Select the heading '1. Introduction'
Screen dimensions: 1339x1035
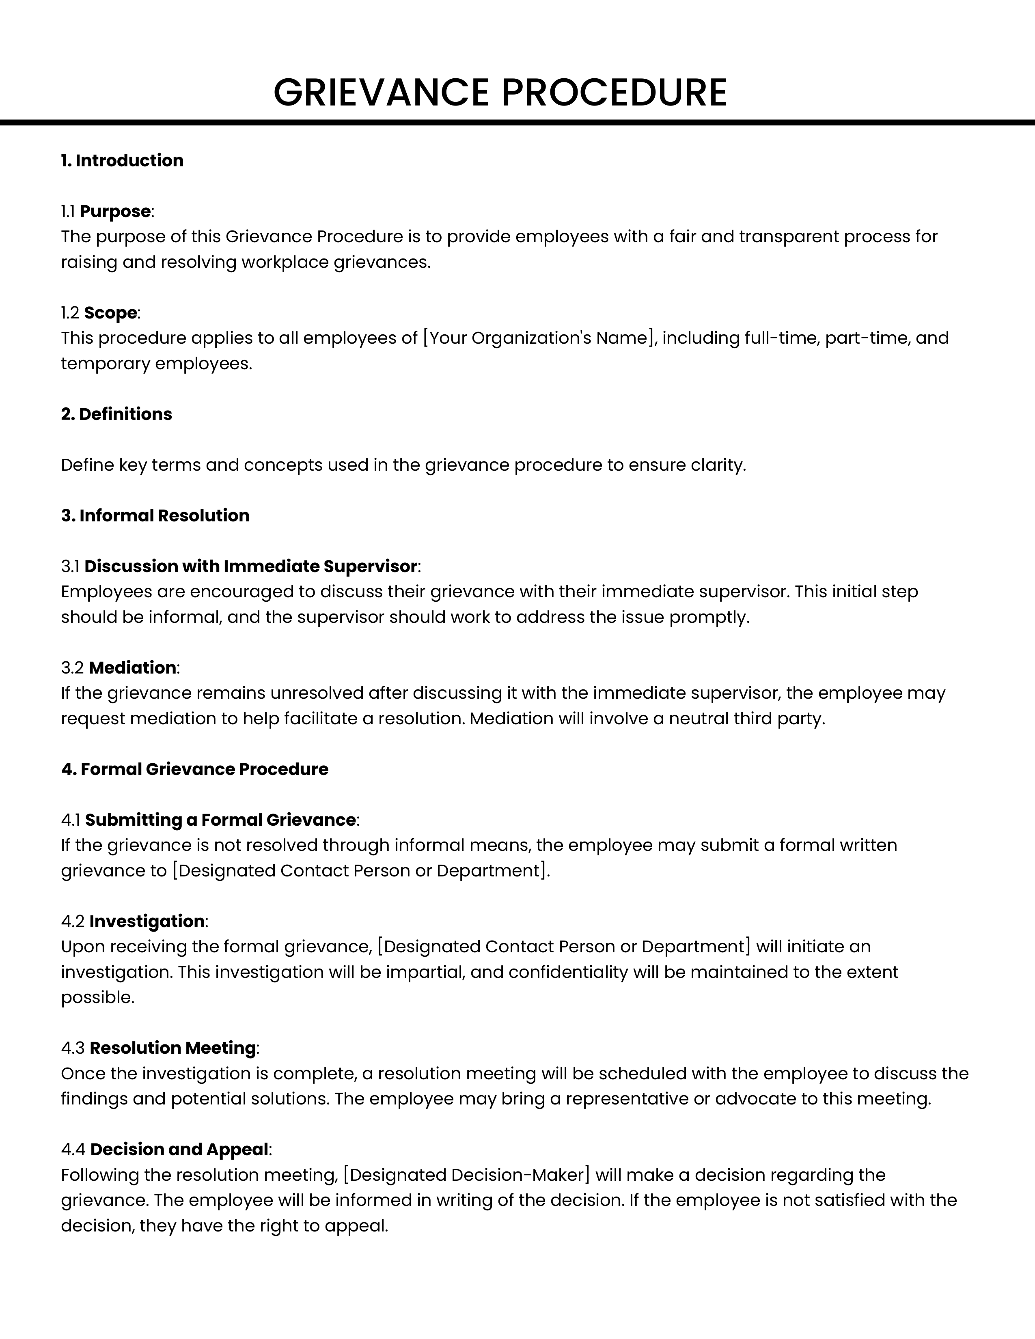coord(122,161)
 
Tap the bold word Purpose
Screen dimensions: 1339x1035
coord(115,211)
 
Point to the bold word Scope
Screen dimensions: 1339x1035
coord(110,313)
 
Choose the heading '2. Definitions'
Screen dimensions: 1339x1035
coord(116,414)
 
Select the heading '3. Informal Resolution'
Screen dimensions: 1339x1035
coord(155,516)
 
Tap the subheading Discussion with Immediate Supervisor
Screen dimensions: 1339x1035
coord(251,566)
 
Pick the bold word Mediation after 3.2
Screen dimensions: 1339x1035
coord(132,667)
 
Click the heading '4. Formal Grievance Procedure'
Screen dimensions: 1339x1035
coord(194,769)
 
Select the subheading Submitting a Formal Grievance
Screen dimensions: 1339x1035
coord(220,820)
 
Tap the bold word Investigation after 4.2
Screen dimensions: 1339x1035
coord(147,921)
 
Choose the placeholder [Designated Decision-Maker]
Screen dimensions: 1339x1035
coord(467,1175)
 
